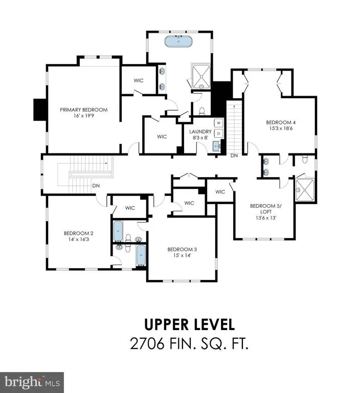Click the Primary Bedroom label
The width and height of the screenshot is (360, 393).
tap(84, 110)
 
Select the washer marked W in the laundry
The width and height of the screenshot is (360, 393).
tap(219, 123)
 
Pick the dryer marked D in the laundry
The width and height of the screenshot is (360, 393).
tap(219, 134)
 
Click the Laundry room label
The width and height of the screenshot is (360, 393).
tap(200, 132)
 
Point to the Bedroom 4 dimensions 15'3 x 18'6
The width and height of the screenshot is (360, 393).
tap(281, 128)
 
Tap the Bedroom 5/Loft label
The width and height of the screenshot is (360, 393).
tap(266, 209)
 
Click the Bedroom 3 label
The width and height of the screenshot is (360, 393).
tap(182, 249)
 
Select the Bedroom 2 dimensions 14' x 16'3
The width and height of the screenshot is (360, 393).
tap(79, 239)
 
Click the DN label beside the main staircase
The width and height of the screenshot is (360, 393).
tap(96, 186)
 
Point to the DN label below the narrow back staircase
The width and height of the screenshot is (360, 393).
tap(234, 156)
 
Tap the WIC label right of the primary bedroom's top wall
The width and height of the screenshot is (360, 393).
tap(139, 80)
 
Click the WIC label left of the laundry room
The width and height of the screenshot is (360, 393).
tap(162, 137)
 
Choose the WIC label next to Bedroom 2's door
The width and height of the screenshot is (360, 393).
tap(130, 208)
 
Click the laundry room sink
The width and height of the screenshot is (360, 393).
tap(217, 146)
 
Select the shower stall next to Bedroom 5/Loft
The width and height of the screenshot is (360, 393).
tap(305, 190)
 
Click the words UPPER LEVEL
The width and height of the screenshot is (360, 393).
tap(190, 324)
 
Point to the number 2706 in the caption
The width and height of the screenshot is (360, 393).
tap(147, 343)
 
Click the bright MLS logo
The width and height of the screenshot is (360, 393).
tap(32, 382)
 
